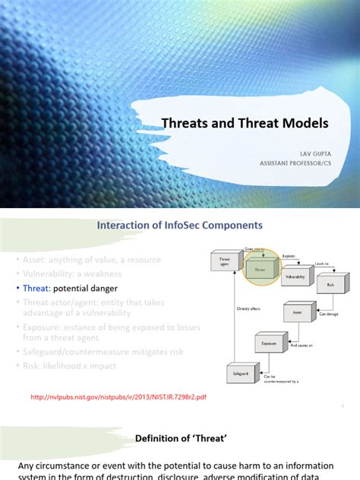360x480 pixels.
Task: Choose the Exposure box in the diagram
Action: coord(268,343)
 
